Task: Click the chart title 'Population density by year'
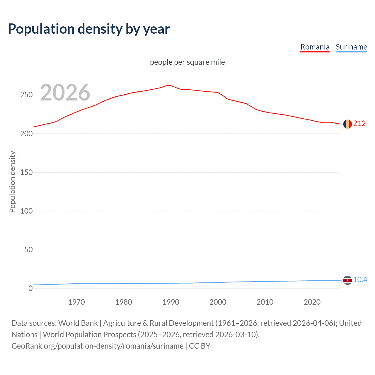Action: pos(89,29)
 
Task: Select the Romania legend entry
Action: pos(315,47)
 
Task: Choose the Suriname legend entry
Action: pos(351,47)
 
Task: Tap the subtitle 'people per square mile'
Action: pos(187,62)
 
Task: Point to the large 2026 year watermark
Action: pos(65,93)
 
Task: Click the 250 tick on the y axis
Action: pos(26,95)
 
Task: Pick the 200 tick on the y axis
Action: pos(26,134)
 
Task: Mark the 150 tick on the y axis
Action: pos(26,172)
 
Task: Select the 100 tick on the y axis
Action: pos(26,211)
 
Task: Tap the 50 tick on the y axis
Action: pos(28,250)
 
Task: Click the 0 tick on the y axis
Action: pos(30,289)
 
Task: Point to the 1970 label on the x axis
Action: pos(76,302)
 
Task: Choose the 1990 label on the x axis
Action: pos(171,302)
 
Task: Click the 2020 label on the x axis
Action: pos(312,302)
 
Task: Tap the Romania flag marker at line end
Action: pos(347,124)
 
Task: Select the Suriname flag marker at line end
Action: pos(347,280)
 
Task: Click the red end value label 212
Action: pos(359,124)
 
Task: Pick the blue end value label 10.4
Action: pos(360,280)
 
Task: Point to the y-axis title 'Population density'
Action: pos(12,182)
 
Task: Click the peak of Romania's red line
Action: pos(171,85)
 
